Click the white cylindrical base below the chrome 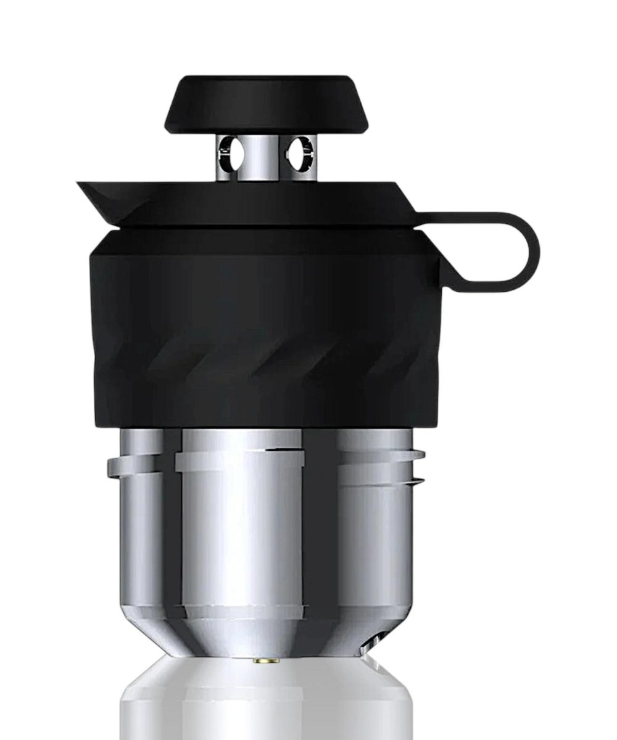pyautogui.click(x=265, y=703)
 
